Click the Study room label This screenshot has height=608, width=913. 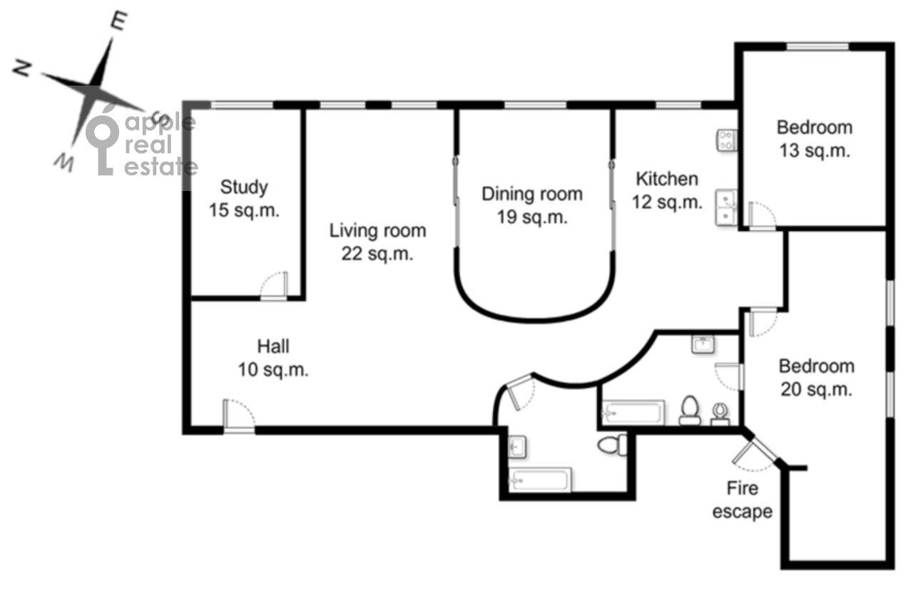pyautogui.click(x=244, y=199)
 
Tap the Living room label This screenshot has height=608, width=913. pyautogui.click(x=377, y=242)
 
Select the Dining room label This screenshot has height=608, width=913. pyautogui.click(x=532, y=205)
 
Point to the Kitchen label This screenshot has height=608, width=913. pyautogui.click(x=667, y=190)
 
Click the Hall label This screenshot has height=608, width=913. pyautogui.click(x=273, y=358)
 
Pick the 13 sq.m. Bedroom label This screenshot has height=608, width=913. pyautogui.click(x=815, y=139)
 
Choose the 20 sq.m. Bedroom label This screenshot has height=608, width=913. pyautogui.click(x=817, y=378)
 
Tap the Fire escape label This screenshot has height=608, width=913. pyautogui.click(x=743, y=500)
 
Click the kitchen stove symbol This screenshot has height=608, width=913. pyautogui.click(x=727, y=140)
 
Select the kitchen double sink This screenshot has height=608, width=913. pyautogui.click(x=726, y=207)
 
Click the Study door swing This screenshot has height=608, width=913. pyautogui.click(x=274, y=286)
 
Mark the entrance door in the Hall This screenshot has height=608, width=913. pyautogui.click(x=239, y=416)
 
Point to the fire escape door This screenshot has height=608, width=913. pyautogui.click(x=753, y=453)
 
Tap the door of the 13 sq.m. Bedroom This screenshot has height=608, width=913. pyautogui.click(x=762, y=216)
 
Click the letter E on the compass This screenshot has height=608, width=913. pyautogui.click(x=118, y=21)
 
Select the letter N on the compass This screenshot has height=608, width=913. pyautogui.click(x=22, y=68)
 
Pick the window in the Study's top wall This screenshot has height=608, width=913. pyautogui.click(x=242, y=105)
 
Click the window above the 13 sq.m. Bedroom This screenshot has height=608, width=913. pyautogui.click(x=817, y=47)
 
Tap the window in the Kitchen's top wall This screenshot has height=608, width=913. pyautogui.click(x=678, y=105)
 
